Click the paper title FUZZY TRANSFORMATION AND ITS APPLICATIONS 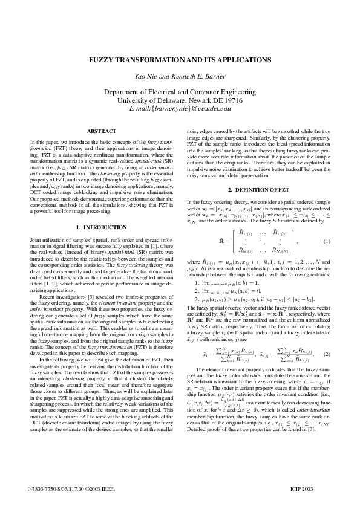pyautogui.click(x=180, y=60)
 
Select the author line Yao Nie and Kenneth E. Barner pyautogui.click(x=180, y=77)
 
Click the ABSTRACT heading pyautogui.click(x=97, y=131)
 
